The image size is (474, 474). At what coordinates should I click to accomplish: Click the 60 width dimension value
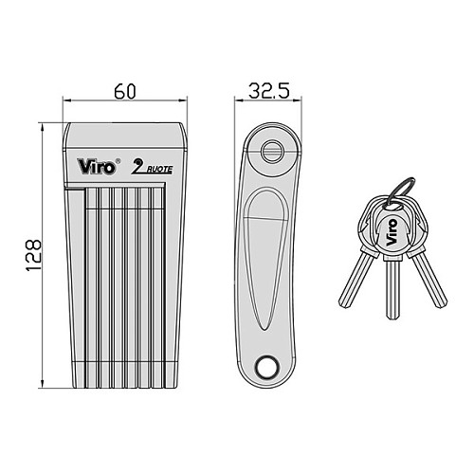click(x=125, y=92)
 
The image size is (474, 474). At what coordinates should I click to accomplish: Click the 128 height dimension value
click(x=33, y=255)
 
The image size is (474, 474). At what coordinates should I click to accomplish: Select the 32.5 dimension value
click(x=269, y=91)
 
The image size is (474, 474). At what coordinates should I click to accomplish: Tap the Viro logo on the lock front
click(x=97, y=167)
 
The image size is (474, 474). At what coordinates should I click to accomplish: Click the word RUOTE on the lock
click(x=159, y=170)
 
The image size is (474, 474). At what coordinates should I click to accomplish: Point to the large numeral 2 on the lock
click(x=138, y=166)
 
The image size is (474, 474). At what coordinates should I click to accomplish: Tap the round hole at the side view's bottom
click(x=267, y=367)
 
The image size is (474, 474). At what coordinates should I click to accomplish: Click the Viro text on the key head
click(x=392, y=232)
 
